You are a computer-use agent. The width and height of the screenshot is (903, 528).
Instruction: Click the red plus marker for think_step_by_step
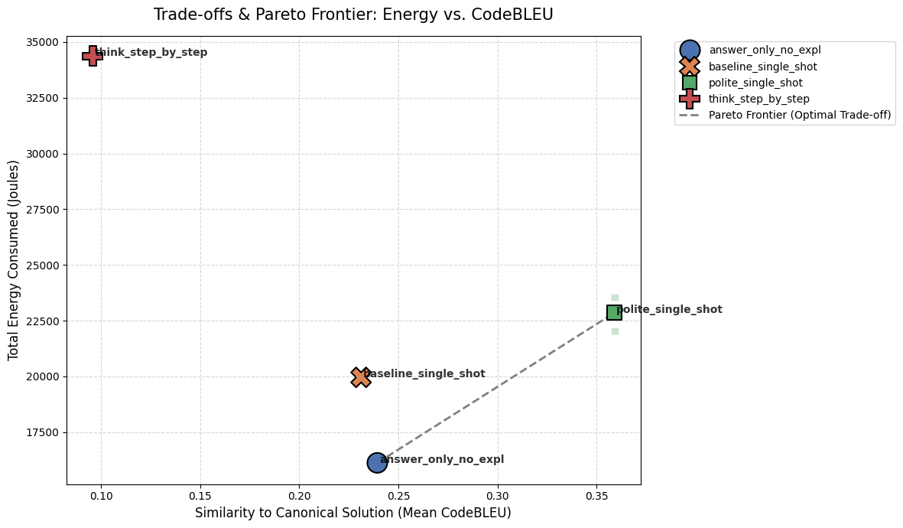tap(93, 55)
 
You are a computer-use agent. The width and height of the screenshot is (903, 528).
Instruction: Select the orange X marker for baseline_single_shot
tap(361, 376)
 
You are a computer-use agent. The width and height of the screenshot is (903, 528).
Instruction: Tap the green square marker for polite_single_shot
tap(614, 312)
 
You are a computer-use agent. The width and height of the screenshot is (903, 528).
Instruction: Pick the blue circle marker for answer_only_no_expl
tap(377, 462)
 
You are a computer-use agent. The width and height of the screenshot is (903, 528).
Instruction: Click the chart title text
tap(353, 15)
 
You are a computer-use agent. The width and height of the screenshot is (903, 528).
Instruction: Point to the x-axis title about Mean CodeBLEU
tap(353, 513)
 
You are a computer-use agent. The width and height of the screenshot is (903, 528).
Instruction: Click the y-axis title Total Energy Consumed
tap(14, 260)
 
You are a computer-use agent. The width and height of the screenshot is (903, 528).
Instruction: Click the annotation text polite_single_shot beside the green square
tap(670, 310)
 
